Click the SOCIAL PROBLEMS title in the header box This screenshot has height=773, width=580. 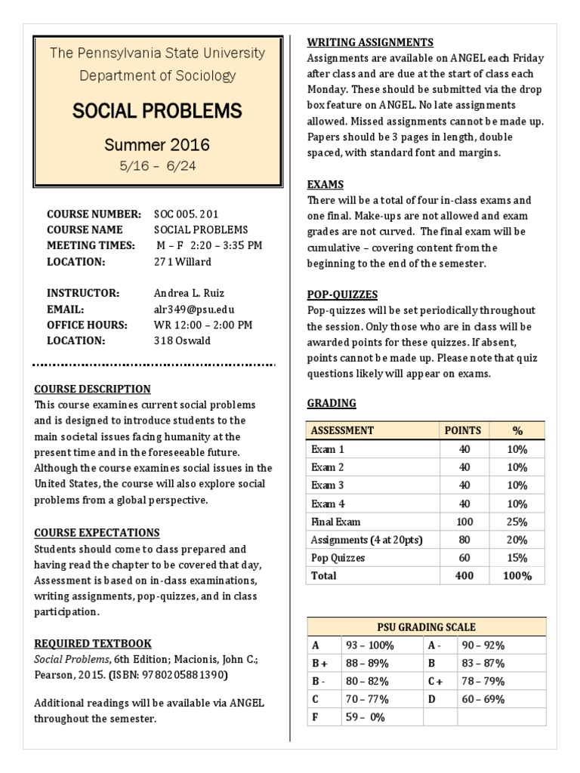click(x=157, y=112)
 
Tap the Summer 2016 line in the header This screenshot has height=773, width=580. click(x=157, y=144)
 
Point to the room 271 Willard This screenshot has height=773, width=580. click(x=183, y=262)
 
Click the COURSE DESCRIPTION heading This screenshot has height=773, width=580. click(x=92, y=389)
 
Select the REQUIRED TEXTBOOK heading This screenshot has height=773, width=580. click(x=93, y=643)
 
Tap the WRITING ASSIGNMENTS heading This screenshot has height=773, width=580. click(x=370, y=42)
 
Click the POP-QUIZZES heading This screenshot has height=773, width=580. click(x=342, y=294)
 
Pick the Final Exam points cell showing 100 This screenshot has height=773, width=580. click(x=464, y=522)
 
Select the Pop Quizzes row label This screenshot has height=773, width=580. click(x=338, y=558)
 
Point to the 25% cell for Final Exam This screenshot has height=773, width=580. click(x=517, y=522)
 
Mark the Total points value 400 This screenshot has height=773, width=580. click(x=464, y=576)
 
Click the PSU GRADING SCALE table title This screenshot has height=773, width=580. click(x=427, y=627)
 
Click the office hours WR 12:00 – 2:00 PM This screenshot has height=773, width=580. click(x=203, y=325)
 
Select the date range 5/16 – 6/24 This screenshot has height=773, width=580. click(x=157, y=166)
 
